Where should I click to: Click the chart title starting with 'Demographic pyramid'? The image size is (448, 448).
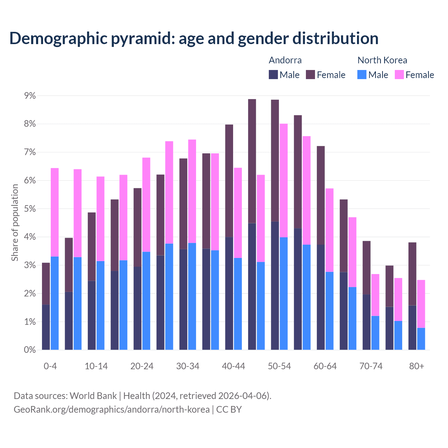pos(194,38)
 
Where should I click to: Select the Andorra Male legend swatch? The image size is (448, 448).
pos(273,75)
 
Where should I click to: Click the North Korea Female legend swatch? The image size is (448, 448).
pos(399,75)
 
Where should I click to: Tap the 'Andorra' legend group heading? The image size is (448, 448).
pos(285,60)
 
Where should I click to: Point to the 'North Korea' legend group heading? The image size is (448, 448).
pos(382,60)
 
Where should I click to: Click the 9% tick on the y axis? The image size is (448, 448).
pos(30,96)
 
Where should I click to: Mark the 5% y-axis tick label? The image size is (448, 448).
pos(30,209)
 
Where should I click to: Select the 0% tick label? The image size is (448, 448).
pos(30,350)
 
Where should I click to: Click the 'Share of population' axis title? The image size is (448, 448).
pos(15,223)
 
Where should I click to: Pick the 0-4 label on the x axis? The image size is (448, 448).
pos(50,366)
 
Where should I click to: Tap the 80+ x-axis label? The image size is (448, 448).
pos(416,366)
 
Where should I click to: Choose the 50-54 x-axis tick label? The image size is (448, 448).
pos(279,366)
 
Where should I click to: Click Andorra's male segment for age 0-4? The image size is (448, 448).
pos(46,327)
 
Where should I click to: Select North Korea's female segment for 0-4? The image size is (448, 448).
pos(55,212)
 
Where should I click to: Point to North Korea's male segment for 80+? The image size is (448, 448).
pos(421,339)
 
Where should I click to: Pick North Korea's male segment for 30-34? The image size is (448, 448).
pos(192,296)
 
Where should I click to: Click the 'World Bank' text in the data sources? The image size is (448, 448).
pos(93,396)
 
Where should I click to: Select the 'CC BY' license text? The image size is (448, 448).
pos(229,409)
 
